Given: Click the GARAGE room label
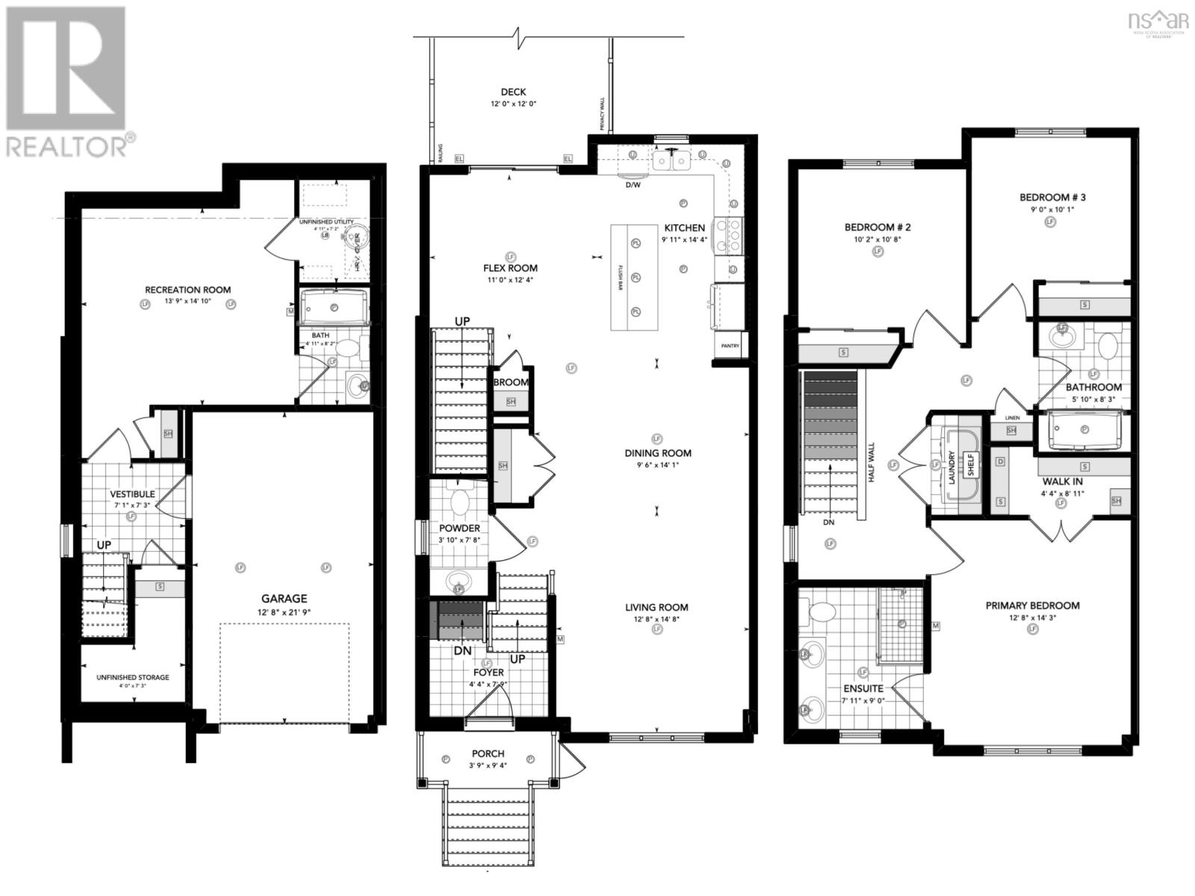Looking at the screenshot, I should point(284,598).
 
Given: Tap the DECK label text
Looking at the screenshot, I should point(513,92).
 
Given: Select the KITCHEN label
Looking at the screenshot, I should point(684,228).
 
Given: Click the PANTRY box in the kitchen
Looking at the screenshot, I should point(730,346).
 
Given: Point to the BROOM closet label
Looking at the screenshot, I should point(511,382).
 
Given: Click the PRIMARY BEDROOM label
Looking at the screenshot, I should point(1032,605).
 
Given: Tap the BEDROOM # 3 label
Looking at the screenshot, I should point(1052,197).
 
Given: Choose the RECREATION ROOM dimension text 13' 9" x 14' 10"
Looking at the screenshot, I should point(187,302).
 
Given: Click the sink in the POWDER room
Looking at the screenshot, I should point(458,580).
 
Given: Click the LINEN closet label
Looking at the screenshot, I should point(1012,417).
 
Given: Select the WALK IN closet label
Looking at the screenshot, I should point(1062,482).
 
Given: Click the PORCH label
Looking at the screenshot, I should point(488,753).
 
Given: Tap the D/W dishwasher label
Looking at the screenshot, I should point(633,184).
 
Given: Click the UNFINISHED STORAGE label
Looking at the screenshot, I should point(132,677).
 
